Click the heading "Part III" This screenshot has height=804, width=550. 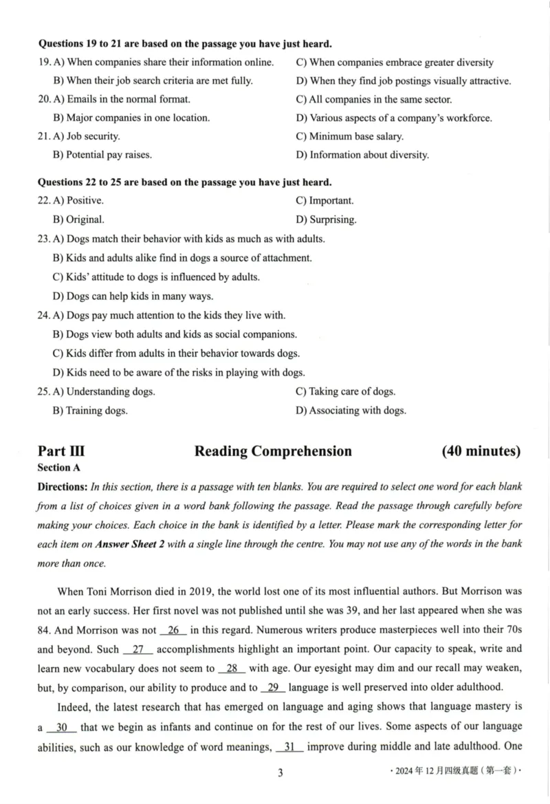61,451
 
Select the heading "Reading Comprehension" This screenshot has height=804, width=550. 273,451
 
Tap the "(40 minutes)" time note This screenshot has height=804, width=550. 481,451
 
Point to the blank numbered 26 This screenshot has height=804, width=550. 173,630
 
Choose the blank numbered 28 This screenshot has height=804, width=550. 231,669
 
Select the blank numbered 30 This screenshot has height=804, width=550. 61,727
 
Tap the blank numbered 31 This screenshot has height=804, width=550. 289,746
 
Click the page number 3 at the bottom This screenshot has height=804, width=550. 280,772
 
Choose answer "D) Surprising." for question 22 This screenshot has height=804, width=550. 326,220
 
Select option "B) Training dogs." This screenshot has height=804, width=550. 90,411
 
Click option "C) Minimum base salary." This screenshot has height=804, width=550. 349,136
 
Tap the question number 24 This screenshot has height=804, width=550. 44,316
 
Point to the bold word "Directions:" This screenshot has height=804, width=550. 63,487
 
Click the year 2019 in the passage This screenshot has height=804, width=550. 190,591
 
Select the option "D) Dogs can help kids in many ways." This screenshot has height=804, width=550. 133,296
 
